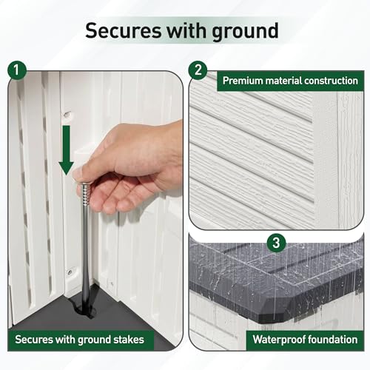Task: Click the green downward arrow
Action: [66, 150]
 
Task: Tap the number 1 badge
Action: [17, 70]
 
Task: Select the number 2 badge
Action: [198, 70]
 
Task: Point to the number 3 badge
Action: [276, 243]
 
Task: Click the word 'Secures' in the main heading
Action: [123, 30]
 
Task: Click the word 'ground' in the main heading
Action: [246, 32]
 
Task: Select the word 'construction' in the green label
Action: [331, 81]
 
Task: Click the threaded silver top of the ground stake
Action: [85, 194]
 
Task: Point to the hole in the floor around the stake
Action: [84, 309]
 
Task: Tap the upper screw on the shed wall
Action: [66, 114]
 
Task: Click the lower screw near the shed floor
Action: [70, 272]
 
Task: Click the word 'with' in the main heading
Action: [186, 30]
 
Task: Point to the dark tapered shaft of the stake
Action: [85, 254]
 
